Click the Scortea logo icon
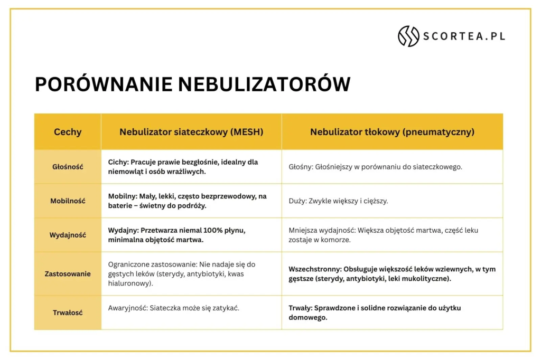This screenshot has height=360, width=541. pos(408,36)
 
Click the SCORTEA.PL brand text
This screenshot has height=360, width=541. pos(464,36)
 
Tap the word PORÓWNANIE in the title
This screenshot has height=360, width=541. pos(104,84)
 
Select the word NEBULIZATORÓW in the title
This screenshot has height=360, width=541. pos(264,84)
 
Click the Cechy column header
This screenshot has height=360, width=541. pos(68,132)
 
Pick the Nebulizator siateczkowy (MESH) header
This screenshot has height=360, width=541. pos(191,132)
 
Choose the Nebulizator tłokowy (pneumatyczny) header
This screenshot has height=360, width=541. pos(393,132)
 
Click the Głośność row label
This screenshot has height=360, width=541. pos(68,167)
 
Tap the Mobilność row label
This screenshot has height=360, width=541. pos(68,201)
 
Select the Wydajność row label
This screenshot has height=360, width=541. pos(68,235)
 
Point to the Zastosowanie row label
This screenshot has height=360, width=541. pos(68,274)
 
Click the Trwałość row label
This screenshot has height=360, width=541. pos(68,312)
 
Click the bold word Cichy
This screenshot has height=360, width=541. pos(118,162)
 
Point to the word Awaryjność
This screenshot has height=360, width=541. pos(128,308)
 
